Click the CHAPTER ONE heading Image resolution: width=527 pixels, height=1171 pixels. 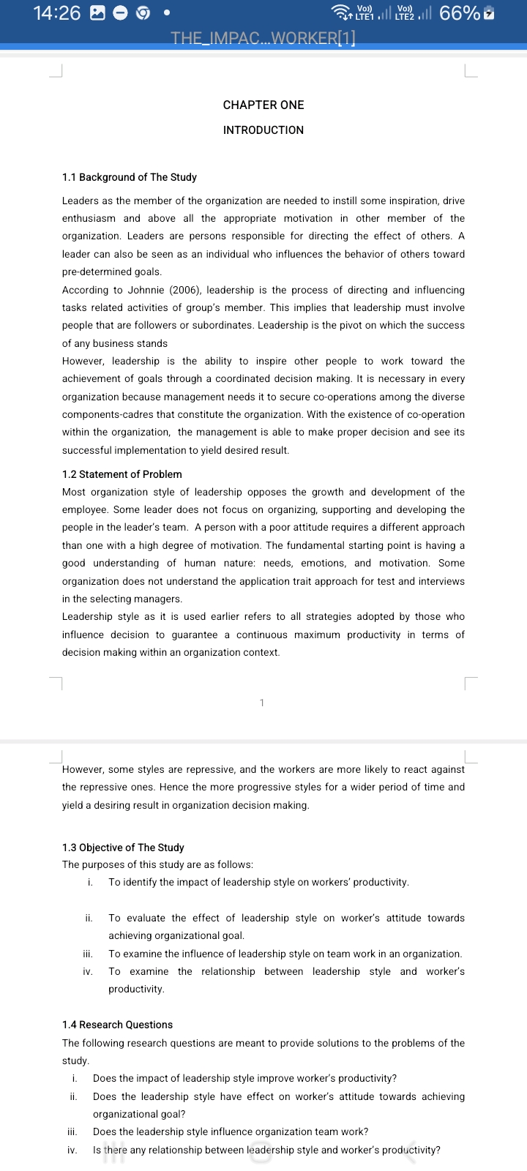point(263,105)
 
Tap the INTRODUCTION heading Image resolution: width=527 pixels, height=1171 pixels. point(263,130)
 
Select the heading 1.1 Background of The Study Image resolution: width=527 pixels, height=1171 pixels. point(130,177)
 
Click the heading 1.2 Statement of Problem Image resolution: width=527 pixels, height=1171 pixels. point(122,474)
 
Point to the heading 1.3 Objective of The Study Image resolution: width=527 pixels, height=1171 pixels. point(123,848)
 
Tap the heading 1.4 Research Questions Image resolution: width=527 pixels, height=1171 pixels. point(118,1025)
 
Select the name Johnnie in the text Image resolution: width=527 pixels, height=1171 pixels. point(146,290)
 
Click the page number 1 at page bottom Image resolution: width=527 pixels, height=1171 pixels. point(262,703)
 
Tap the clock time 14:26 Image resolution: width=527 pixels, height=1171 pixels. point(57,13)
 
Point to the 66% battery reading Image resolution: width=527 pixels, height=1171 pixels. point(460,13)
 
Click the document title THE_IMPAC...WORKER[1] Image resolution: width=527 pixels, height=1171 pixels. point(263,38)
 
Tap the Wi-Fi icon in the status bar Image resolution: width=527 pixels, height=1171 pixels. point(340,13)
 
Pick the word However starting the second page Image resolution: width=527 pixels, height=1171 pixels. point(83,769)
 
